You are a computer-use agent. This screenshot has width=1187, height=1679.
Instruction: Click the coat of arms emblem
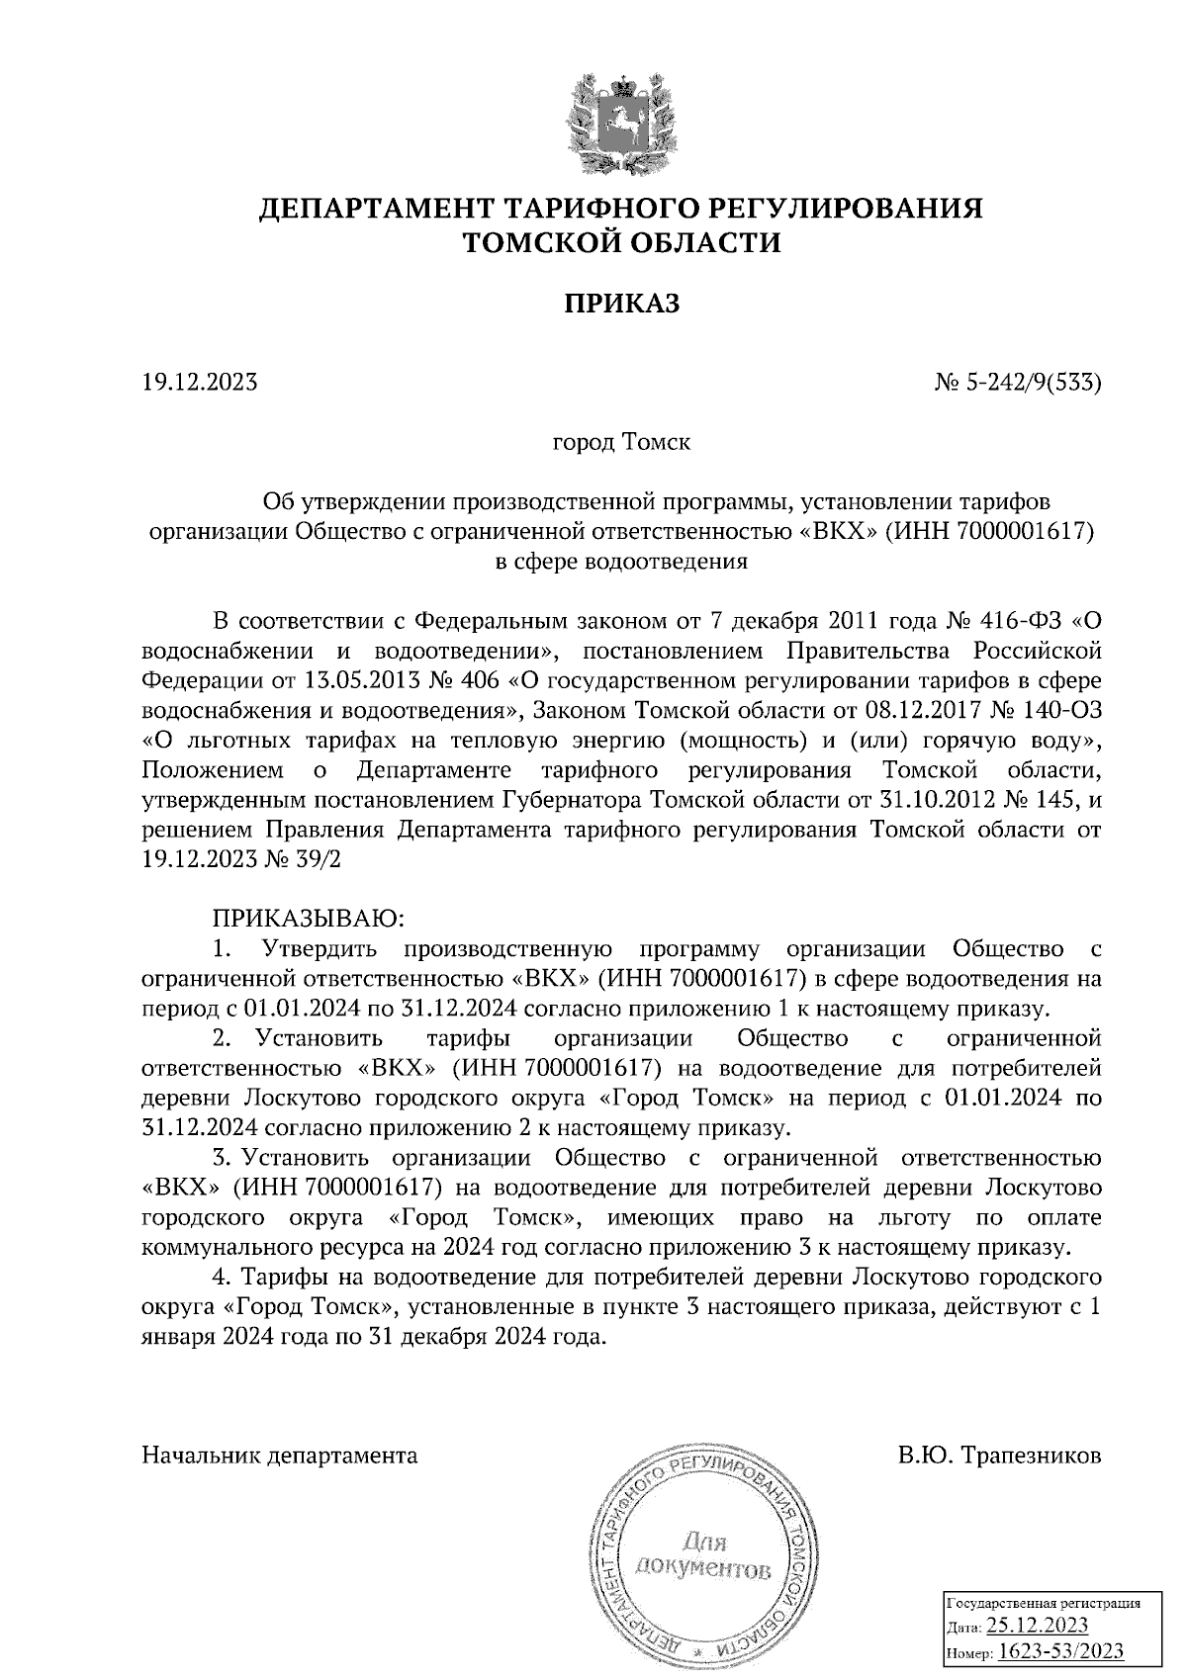pos(621,122)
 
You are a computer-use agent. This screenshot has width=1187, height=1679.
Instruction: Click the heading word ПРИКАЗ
pos(622,304)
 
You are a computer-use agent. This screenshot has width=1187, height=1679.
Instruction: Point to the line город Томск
pos(621,442)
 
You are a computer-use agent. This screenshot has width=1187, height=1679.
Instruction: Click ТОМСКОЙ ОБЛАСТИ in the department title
pos(622,243)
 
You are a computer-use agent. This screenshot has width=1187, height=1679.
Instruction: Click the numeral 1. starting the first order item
pos(222,950)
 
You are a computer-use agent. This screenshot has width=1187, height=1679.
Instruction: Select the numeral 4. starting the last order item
pos(222,1278)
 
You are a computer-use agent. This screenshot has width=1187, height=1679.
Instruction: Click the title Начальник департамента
pos(280,1456)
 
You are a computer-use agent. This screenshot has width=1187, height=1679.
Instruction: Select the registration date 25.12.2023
pos(1038,1627)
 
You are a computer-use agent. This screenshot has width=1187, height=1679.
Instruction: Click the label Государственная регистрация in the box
pos(1044,1603)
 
